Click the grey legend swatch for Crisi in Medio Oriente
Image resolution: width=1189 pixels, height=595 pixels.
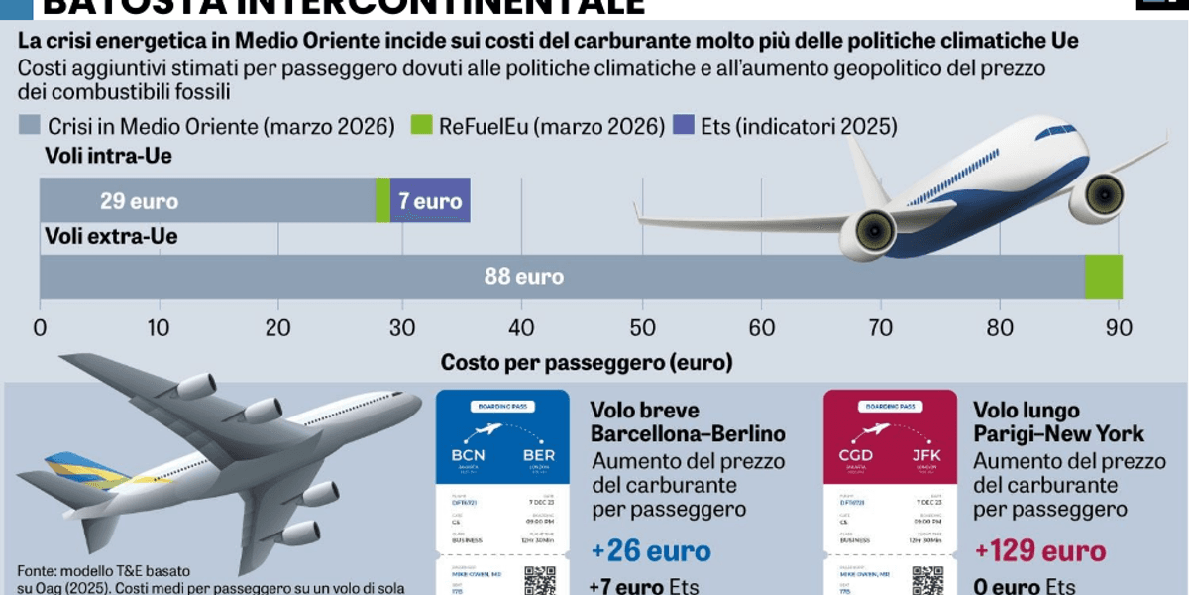click(30, 127)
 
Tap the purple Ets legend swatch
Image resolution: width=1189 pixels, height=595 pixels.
click(684, 127)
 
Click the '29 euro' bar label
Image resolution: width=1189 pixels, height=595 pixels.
click(139, 201)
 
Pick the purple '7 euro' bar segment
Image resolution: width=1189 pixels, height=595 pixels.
click(430, 201)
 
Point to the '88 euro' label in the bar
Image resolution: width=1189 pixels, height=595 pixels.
click(523, 277)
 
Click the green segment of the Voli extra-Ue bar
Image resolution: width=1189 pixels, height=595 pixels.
click(1103, 277)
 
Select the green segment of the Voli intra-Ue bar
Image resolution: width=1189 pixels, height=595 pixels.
click(383, 201)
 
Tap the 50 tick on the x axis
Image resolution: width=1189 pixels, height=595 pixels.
click(642, 329)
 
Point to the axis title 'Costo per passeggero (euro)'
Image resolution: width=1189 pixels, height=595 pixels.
click(587, 363)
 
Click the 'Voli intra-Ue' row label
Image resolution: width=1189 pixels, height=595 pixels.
click(108, 156)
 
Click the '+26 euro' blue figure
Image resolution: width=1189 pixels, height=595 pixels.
click(651, 551)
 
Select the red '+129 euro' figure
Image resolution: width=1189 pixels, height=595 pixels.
click(1039, 551)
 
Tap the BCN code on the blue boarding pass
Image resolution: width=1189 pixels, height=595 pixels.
click(468, 455)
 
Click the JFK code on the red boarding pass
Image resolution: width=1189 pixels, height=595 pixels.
click(925, 455)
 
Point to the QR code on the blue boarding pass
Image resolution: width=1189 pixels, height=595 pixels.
click(540, 580)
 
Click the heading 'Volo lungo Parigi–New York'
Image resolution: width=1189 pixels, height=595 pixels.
click(1058, 422)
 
